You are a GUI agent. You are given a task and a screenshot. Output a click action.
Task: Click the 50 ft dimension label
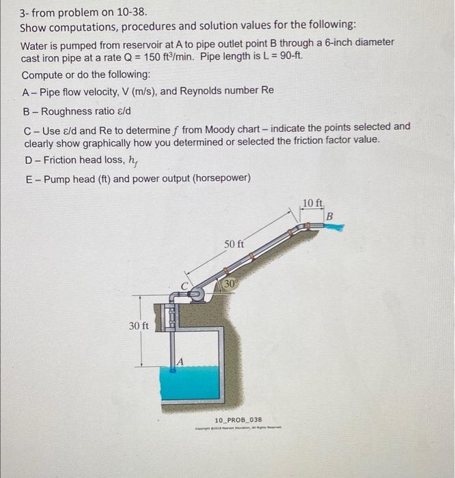[x=234, y=244]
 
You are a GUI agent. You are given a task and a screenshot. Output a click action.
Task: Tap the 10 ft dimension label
[x=313, y=203]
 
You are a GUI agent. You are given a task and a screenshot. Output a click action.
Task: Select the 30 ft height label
[x=139, y=326]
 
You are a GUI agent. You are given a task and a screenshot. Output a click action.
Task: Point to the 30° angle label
[x=229, y=282]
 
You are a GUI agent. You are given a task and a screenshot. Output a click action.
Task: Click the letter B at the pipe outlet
[x=330, y=216]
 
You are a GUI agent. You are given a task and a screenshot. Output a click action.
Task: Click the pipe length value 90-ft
[x=288, y=57]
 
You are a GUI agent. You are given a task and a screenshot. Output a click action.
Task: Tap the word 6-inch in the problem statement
[x=311, y=42]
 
